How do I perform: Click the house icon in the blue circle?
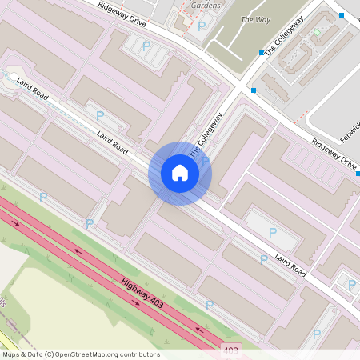pos(180,173)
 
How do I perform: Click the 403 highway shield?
pos(231,350)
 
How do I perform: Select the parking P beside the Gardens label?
pos(201,26)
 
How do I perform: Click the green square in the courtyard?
pos(317,33)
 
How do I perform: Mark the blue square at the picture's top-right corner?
pos(342,15)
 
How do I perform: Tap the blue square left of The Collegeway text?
pos(261,53)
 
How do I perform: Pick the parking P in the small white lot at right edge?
pos(351,283)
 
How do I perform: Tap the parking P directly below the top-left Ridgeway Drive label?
pos(146,46)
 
